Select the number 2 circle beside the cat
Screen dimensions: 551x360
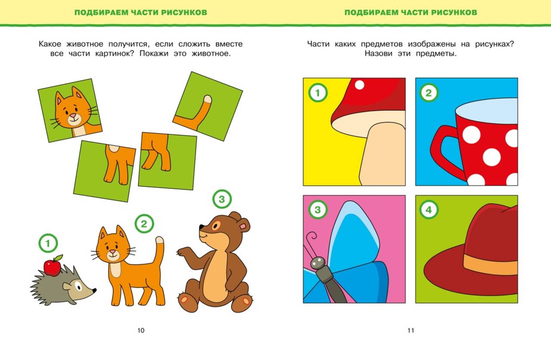144,224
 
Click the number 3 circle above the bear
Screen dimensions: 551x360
222,199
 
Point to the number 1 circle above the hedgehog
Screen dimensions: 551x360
48,243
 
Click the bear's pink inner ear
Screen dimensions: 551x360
244,226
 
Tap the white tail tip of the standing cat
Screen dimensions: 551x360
160,240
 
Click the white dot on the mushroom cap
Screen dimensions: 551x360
359,85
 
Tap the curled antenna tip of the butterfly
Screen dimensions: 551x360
313,236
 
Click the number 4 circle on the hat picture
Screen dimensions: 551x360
429,209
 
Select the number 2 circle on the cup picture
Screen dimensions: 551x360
429,92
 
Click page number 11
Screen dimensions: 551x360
411,330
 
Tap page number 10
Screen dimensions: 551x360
141,330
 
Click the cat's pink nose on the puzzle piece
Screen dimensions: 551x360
73,115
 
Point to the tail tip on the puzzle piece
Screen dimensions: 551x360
208,99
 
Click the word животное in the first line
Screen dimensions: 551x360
85,44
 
